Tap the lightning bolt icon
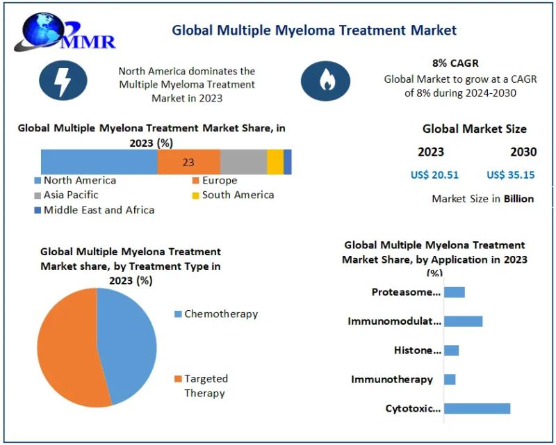pos(63,81)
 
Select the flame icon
pos(325,81)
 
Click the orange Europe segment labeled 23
pos(188,162)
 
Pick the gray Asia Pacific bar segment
pos(243,162)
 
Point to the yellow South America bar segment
pos(275,162)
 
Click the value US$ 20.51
pos(435,175)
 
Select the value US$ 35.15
pos(511,175)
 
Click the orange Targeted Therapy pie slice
pos(66,348)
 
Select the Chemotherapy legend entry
pos(216,314)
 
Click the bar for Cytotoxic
pos(477,409)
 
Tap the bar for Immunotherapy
pos(450,380)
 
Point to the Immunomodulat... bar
pos(463,321)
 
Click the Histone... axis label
pos(417,350)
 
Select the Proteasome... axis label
pos(406,292)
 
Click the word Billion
pos(518,199)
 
